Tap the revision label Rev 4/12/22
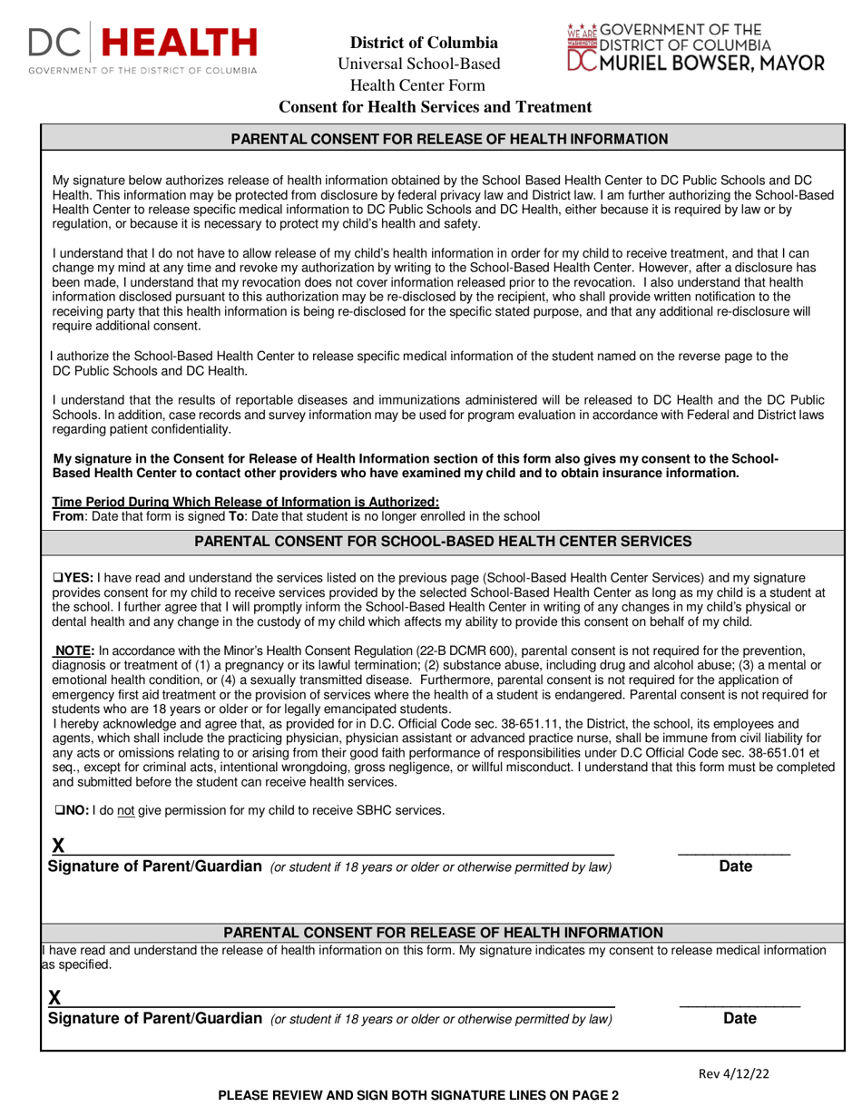pyautogui.click(x=733, y=1074)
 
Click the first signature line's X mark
pyautogui.click(x=58, y=846)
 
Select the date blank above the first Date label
pyautogui.click(x=734, y=847)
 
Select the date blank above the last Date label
pyautogui.click(x=740, y=999)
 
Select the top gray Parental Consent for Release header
pyautogui.click(x=450, y=139)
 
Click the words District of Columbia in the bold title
pyautogui.click(x=424, y=43)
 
